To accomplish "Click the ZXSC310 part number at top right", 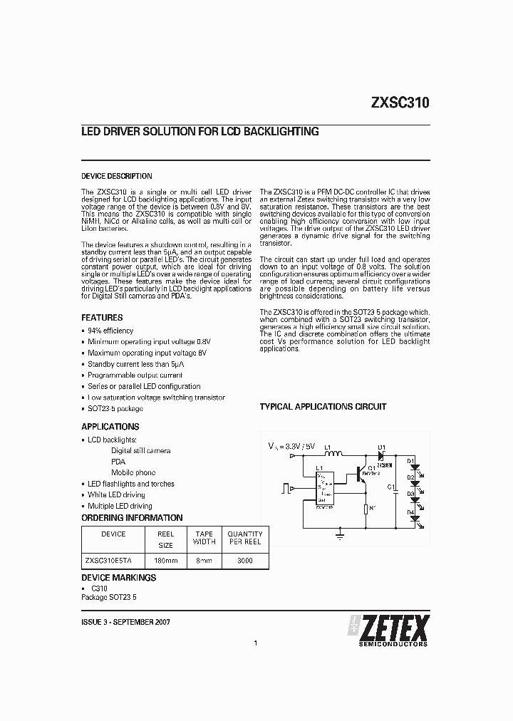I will (x=400, y=102).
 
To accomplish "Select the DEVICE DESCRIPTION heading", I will (x=116, y=176).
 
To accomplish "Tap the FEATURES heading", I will (x=102, y=318).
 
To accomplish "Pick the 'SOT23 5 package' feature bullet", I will (x=115, y=409).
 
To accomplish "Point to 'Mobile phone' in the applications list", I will (x=133, y=472).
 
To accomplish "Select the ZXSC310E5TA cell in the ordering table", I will (x=113, y=561).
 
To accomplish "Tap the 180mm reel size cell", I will (x=165, y=561).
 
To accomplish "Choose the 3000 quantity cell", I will (x=244, y=561).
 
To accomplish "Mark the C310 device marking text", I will (x=100, y=590).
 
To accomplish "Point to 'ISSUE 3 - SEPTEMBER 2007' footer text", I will (x=125, y=622).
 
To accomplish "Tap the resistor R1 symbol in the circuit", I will (x=365, y=509).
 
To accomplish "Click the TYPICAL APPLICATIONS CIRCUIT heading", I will (x=323, y=407).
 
